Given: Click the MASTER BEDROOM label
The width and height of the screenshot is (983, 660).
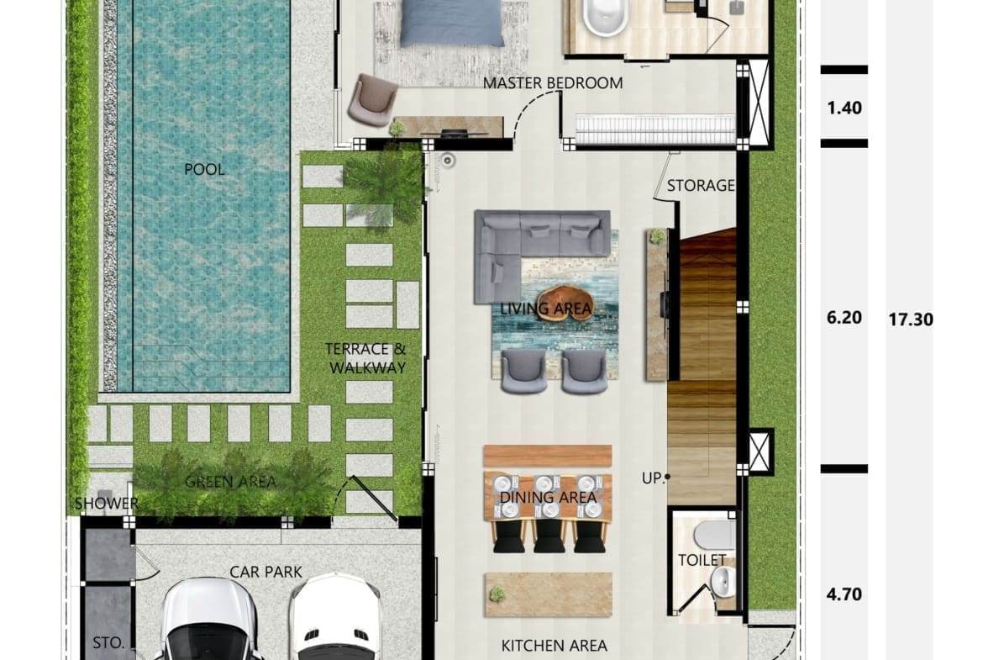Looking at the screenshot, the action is point(552,82).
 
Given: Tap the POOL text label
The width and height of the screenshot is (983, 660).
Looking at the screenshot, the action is point(204,169).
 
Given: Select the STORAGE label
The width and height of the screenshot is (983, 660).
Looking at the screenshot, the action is point(700,186).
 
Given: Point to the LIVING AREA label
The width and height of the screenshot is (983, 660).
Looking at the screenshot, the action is point(545,308).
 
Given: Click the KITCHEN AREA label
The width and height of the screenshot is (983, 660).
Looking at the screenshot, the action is point(555,646).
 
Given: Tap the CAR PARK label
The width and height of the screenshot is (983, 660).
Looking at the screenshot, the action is point(265,573).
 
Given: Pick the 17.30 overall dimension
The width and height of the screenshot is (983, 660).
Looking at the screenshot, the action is point(910,320).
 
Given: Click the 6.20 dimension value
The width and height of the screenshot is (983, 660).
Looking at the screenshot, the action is point(844,318).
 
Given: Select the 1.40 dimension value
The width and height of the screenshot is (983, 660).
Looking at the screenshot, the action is point(844,108).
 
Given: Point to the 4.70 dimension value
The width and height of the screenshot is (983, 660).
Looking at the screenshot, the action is point(844,594).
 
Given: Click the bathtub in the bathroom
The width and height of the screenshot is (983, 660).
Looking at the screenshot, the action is point(606,18).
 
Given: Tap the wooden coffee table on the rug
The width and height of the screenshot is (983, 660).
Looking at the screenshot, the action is point(565,303).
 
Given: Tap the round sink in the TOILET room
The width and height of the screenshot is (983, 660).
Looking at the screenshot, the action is point(723,582).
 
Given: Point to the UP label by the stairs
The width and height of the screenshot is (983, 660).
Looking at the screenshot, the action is point(652,478).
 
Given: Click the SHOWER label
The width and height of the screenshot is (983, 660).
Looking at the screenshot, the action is point(107,503).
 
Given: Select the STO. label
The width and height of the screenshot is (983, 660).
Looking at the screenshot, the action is point(108,643).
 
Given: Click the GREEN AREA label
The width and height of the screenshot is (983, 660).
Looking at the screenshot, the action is point(231,482).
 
